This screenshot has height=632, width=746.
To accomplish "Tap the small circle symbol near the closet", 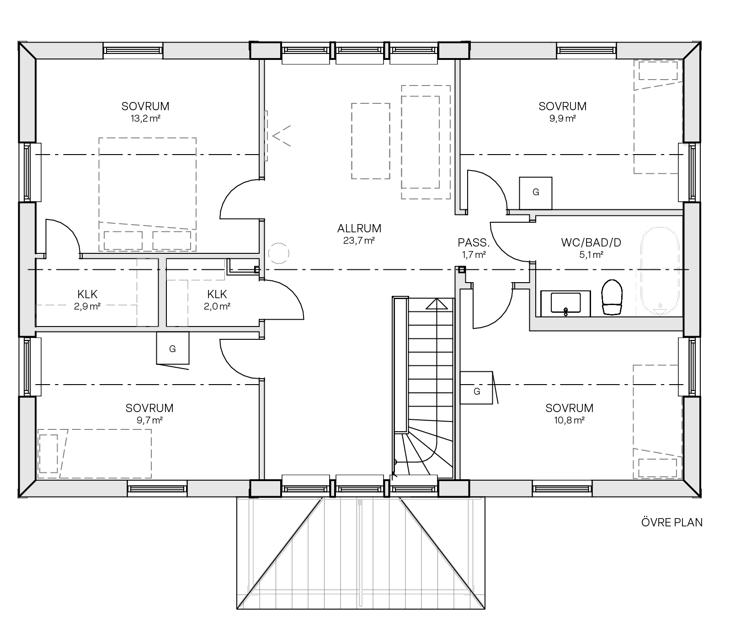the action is click(x=278, y=253).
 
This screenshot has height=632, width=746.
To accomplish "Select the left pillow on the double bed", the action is click(x=123, y=241).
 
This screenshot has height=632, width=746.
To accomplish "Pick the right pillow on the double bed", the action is click(x=171, y=241).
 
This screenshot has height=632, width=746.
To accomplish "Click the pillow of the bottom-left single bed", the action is click(x=48, y=453).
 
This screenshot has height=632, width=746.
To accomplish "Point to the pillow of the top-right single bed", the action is click(x=658, y=71).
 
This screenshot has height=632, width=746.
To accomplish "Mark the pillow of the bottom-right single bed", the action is click(x=657, y=468).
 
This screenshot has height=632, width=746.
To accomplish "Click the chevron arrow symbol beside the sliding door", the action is click(x=281, y=136).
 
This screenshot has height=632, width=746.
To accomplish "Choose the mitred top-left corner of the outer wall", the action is click(x=27, y=51).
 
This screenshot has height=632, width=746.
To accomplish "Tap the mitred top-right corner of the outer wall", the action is click(x=691, y=51).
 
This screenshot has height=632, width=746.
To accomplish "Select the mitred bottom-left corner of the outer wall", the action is click(x=27, y=488).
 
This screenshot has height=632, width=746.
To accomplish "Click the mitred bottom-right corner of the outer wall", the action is click(x=691, y=488).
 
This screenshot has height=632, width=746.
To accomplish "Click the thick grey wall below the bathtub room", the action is click(x=608, y=323).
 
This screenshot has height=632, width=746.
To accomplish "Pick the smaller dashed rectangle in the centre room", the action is click(x=371, y=141).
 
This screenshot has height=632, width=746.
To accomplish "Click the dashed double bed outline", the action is click(x=148, y=183).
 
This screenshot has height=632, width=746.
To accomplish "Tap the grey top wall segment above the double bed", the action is click(x=207, y=51).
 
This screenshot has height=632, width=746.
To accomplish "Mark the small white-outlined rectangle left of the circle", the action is click(x=243, y=267).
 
